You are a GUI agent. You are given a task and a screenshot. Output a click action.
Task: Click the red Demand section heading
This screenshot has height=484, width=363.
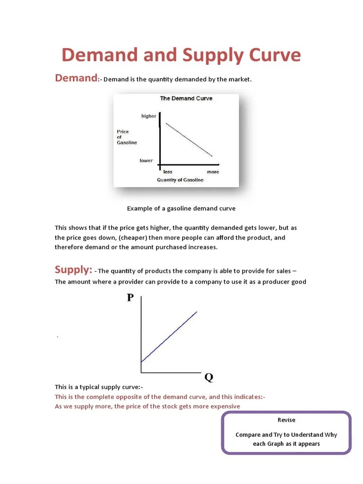click(x=76, y=78)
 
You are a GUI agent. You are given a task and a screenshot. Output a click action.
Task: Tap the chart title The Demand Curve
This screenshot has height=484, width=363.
click(x=186, y=99)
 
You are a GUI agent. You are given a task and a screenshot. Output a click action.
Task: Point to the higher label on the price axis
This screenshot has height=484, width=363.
click(x=148, y=116)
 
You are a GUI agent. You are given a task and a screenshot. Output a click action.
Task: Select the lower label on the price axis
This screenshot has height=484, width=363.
click(x=146, y=161)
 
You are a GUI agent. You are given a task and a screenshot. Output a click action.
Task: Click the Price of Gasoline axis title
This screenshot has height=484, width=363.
click(x=127, y=137)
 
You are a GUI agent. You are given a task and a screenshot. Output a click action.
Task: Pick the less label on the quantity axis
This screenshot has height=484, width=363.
click(x=168, y=172)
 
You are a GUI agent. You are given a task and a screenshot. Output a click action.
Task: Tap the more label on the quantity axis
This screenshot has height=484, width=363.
click(x=213, y=172)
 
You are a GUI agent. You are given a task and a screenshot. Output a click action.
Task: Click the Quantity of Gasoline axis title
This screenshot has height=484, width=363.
click(x=180, y=180)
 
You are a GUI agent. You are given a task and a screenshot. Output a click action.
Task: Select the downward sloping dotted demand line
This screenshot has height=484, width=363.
click(x=189, y=140)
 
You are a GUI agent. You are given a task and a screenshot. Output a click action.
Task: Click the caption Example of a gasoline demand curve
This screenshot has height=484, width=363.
click(x=181, y=208)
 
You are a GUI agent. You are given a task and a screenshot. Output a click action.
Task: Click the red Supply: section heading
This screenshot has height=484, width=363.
click(x=73, y=270)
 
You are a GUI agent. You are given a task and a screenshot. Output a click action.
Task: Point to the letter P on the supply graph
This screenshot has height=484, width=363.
click(x=130, y=297)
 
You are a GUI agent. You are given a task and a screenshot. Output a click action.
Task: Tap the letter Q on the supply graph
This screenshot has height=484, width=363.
click(x=208, y=378)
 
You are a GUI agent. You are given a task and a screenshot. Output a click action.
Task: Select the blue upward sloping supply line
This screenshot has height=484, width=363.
click(x=169, y=337)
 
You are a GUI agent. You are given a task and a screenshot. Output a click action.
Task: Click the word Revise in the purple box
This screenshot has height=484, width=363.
click(x=286, y=420)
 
